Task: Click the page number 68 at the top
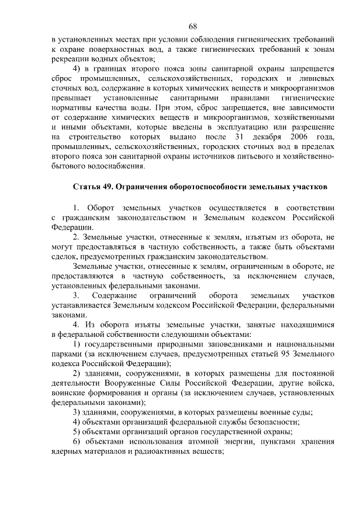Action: [x=192, y=27]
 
